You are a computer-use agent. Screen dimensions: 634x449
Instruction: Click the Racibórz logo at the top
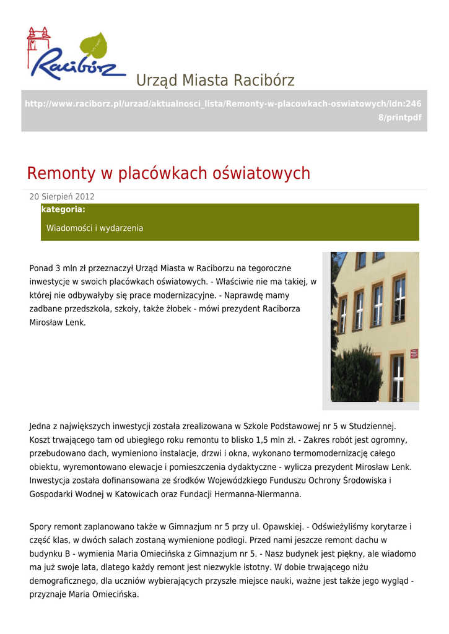click(74, 59)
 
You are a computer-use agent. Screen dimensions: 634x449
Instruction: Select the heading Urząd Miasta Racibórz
click(215, 80)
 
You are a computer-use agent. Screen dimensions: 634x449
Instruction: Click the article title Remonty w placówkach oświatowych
click(168, 173)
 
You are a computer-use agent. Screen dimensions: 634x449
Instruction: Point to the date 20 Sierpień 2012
click(62, 197)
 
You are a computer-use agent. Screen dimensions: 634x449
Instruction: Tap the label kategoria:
click(63, 210)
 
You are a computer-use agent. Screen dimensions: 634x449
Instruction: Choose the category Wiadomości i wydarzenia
click(95, 228)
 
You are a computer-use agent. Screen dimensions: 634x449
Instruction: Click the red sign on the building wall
click(414, 354)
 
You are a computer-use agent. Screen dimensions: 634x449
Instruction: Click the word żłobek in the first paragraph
click(209, 308)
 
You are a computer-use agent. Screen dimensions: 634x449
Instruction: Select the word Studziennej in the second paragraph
click(372, 426)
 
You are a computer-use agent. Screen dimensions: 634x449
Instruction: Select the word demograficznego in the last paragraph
click(63, 581)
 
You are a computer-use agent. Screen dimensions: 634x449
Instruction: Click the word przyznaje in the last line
click(47, 595)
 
